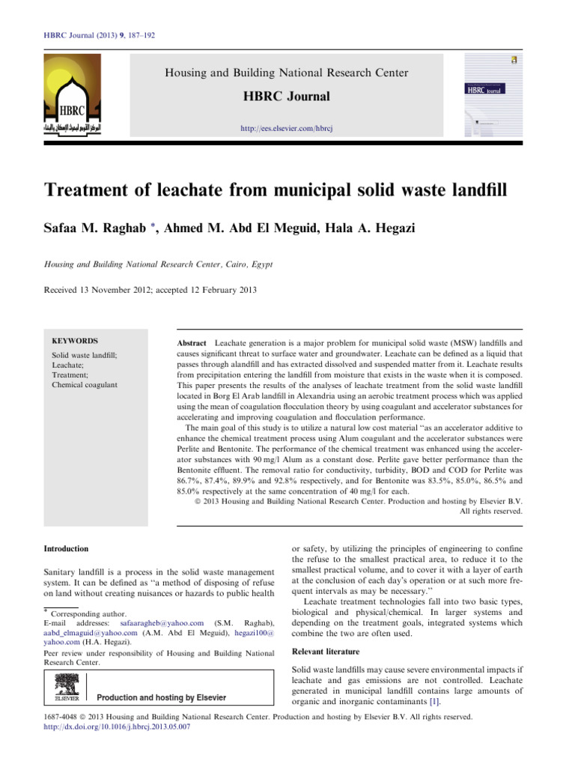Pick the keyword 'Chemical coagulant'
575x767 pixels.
(84, 385)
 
